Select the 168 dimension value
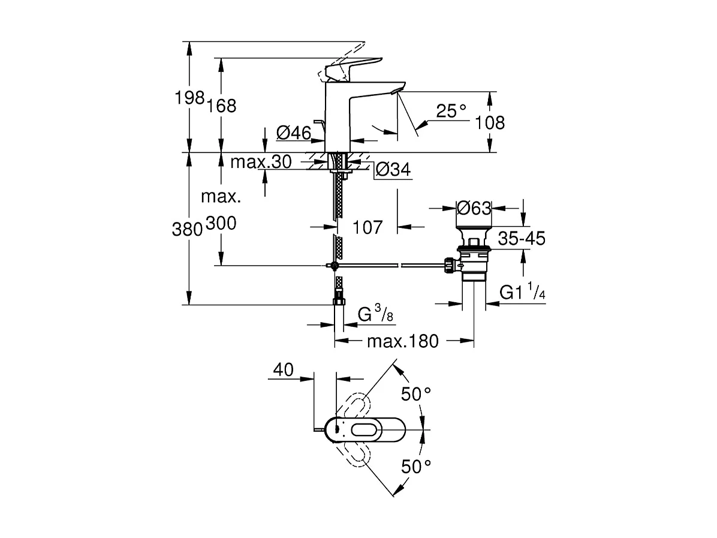pyautogui.click(x=222, y=106)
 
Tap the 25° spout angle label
pyautogui.click(x=451, y=110)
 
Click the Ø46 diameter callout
pyautogui.click(x=294, y=133)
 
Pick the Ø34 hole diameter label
pyautogui.click(x=394, y=171)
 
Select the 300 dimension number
pyautogui.click(x=221, y=224)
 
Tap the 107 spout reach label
pyautogui.click(x=367, y=227)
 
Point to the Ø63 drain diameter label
pyautogui.click(x=474, y=208)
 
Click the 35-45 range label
pyautogui.click(x=522, y=239)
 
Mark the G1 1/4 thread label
pyautogui.click(x=523, y=293)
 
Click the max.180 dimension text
pyautogui.click(x=403, y=342)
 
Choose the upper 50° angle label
pyautogui.click(x=417, y=394)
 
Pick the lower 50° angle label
pyautogui.click(x=417, y=466)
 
